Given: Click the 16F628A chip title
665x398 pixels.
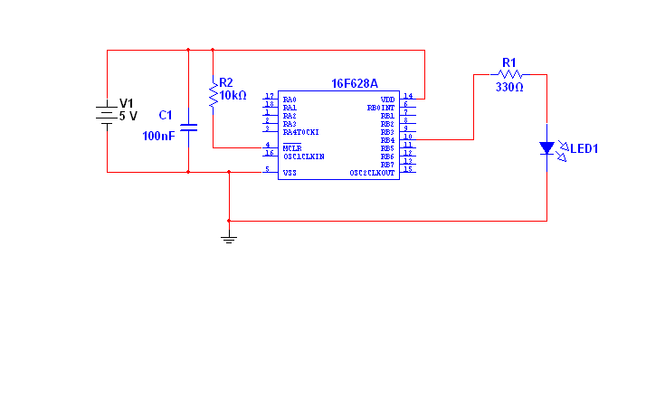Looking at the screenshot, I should click(355, 83).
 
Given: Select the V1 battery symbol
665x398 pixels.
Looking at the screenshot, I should click(108, 114).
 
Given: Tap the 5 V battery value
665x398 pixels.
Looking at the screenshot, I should click(128, 116).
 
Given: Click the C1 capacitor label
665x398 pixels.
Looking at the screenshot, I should click(165, 115).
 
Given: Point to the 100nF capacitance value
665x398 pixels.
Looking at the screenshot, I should click(158, 136).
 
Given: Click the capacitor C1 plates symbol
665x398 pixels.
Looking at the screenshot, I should click(188, 127).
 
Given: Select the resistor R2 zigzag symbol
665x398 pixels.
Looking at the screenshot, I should click(214, 94).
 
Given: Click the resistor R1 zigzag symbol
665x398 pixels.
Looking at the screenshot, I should click(509, 74).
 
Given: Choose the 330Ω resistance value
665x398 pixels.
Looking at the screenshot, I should click(509, 88).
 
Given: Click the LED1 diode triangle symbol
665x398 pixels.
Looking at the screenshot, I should click(546, 147).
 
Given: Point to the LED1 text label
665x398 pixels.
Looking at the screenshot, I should click(584, 147).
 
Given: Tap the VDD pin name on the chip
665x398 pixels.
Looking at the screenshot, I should click(387, 99).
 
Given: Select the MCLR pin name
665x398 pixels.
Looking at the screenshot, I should click(291, 147).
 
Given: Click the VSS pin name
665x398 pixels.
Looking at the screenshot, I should click(290, 172).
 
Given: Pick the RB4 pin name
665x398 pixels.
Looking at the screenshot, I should click(387, 140).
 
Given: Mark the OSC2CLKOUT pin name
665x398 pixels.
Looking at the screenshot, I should click(373, 173).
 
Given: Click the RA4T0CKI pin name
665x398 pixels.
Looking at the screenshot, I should click(300, 132).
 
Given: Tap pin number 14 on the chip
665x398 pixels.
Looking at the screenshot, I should click(408, 96).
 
